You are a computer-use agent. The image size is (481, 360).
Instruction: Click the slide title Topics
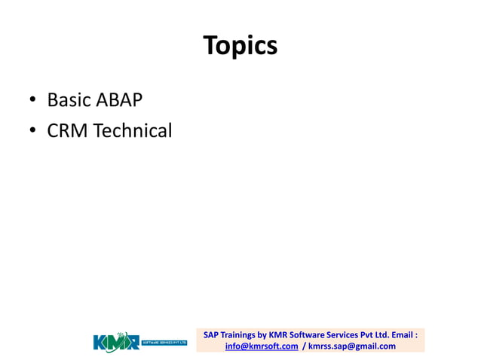pos(240,47)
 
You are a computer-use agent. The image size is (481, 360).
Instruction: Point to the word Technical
pos(133,131)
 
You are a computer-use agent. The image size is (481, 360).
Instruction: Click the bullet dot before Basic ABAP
pos(33,101)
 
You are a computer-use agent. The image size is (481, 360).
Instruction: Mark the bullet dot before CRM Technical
pos(33,132)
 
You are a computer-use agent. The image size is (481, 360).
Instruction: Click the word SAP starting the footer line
pos(211,334)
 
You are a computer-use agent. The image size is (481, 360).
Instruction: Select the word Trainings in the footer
pos(238,334)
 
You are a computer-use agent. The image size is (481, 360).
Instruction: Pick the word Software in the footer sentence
pos(312,334)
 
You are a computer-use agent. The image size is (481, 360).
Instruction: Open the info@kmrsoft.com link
pos(262,346)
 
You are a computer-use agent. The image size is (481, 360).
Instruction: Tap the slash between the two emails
pos(303,346)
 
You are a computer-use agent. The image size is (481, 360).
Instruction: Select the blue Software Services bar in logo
pos(164,342)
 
